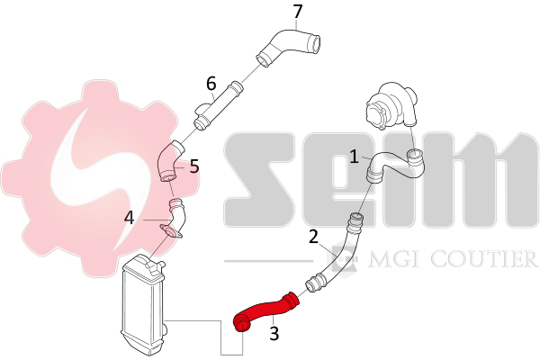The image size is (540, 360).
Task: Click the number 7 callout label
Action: (x=298, y=12)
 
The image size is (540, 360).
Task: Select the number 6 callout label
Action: (x=211, y=84)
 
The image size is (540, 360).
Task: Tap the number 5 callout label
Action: (x=194, y=166)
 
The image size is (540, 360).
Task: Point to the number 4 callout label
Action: (x=129, y=218)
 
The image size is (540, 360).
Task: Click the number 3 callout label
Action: (x=274, y=334)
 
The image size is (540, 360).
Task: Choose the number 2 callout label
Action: (x=313, y=237)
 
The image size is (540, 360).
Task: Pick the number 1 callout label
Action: (x=354, y=157)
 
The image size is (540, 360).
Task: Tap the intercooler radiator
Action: (x=143, y=305)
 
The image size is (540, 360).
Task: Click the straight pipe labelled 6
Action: (x=218, y=106)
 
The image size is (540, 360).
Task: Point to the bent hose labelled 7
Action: (x=289, y=48)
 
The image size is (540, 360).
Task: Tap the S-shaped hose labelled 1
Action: (x=395, y=166)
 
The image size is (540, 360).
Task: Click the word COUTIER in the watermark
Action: (x=483, y=259)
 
